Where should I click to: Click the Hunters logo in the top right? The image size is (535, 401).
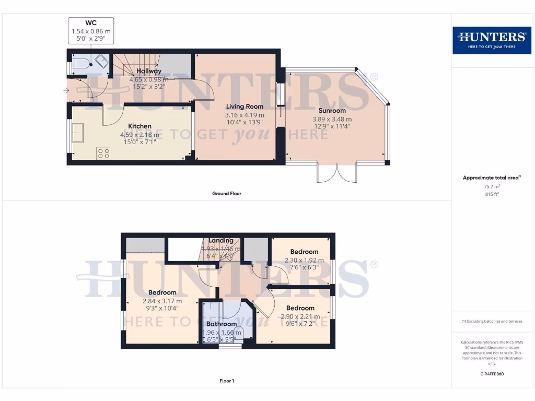491,40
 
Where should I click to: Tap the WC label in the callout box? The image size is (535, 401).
91,23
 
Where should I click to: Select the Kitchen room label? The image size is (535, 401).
139,126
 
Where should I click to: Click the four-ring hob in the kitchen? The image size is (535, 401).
103,153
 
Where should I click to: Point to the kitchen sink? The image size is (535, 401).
78,133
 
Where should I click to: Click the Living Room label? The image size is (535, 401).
244,107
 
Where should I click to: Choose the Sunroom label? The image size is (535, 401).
332,111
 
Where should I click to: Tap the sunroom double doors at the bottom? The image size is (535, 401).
338,173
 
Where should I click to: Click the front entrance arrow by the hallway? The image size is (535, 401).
65,91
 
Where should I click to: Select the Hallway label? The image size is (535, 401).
149,71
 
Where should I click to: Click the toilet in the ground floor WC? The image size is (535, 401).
82,64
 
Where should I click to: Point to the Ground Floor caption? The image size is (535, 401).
226,194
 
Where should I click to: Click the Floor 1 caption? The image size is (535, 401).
226,381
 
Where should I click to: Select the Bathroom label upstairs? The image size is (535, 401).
221,324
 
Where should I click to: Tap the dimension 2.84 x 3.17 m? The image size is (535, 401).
162,301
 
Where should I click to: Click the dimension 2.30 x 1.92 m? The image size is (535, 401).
304,260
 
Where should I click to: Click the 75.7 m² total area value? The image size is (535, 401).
491,186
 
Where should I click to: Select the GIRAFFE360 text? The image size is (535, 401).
491,374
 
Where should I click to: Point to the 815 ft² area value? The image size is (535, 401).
491,194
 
